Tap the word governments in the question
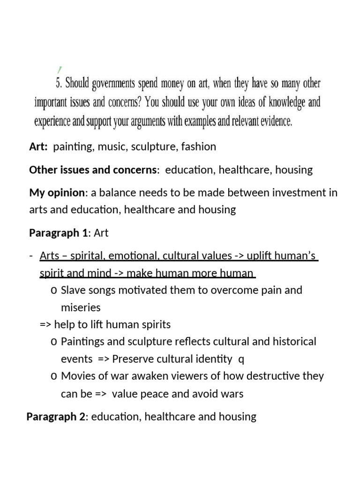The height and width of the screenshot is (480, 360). coord(112,85)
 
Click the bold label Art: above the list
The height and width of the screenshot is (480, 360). coord(38,147)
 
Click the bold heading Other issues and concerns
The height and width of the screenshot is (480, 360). coord(94,170)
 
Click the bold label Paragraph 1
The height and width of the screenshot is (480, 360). coord(60,232)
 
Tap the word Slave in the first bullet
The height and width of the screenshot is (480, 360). coord(74,290)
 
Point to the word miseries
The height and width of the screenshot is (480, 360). coord(81,307)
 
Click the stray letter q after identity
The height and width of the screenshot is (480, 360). coord(241,359)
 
